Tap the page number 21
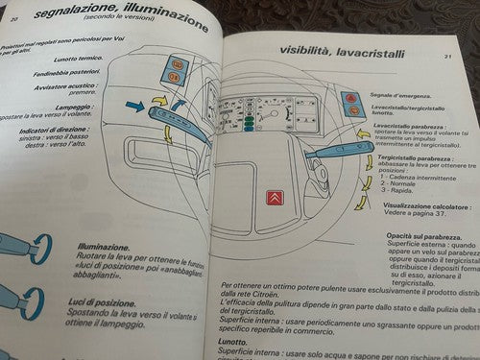click(x=447, y=57)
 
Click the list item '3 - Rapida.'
click(x=396, y=191)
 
